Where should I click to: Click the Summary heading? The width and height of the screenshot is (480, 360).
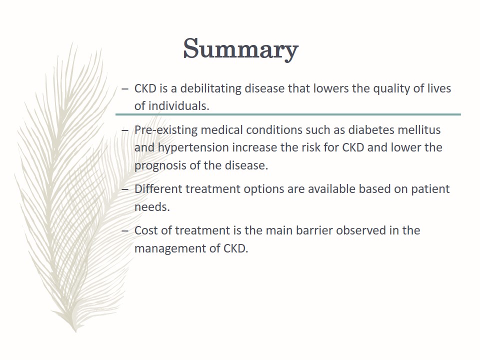point(240,49)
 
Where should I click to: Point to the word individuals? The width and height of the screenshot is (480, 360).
point(179,106)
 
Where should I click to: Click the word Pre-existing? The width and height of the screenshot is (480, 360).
point(166,130)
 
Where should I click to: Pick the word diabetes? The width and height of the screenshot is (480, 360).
point(371,130)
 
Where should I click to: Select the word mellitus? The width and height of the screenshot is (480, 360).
point(419,130)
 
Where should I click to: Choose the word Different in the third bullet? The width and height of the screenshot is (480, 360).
point(158,189)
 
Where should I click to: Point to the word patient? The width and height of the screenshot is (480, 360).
point(430,189)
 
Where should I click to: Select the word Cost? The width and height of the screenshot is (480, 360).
point(146,230)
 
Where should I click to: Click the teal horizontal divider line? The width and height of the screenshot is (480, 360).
point(288,114)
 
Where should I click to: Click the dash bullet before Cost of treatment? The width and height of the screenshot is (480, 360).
point(125,231)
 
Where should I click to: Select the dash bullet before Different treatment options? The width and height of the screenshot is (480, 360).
point(125,189)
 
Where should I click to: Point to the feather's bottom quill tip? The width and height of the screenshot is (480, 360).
point(75,331)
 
